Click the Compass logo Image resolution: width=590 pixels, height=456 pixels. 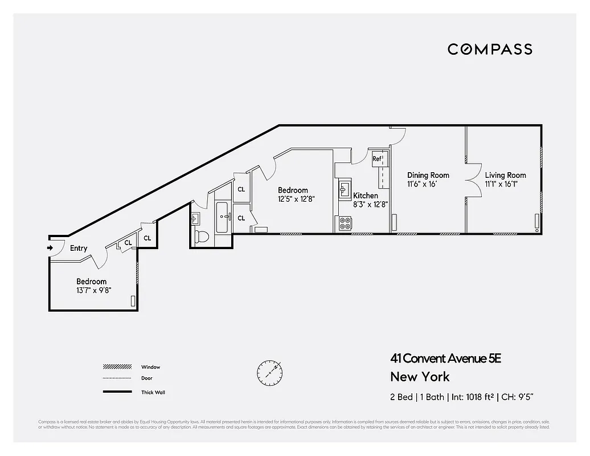pyautogui.click(x=490, y=49)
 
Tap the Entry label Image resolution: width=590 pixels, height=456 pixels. pyautogui.click(x=79, y=248)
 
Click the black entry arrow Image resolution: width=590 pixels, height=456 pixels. pyautogui.click(x=50, y=247)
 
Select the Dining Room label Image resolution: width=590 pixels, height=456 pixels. pyautogui.click(x=428, y=176)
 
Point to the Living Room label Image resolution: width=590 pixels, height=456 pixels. pyautogui.click(x=505, y=176)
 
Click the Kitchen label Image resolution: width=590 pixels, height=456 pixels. pyautogui.click(x=365, y=196)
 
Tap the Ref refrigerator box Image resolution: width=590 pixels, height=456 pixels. pyautogui.click(x=377, y=159)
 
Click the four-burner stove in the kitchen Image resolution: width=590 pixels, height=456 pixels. pyautogui.click(x=345, y=223)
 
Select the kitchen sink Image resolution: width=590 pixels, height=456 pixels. pyautogui.click(x=344, y=189)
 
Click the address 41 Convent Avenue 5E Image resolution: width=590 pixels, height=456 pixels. pyautogui.click(x=445, y=359)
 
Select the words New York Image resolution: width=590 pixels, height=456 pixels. pyautogui.click(x=420, y=377)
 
